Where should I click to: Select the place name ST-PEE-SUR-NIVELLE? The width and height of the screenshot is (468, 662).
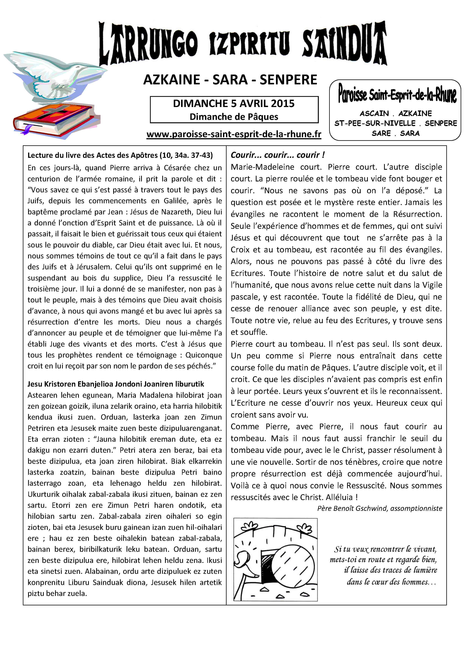tap(375, 123)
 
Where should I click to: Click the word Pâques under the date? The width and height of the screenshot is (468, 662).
tap(264, 117)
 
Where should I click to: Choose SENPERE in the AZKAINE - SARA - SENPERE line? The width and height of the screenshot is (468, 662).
tap(288, 80)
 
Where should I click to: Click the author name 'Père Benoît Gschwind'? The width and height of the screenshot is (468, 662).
tap(352, 508)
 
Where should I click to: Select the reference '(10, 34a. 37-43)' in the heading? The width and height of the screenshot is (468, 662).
tap(187, 155)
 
